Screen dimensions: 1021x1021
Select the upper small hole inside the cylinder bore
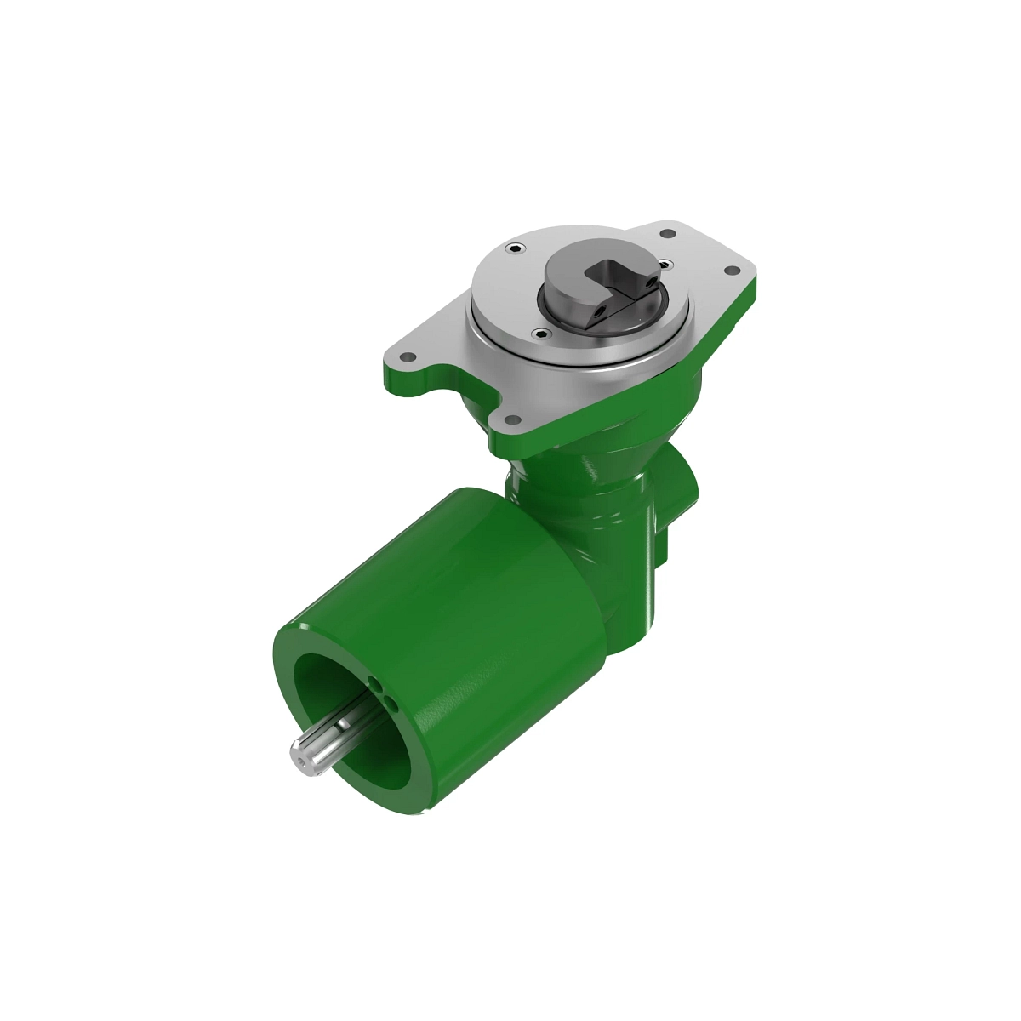[375, 683]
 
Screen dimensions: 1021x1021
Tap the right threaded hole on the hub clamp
[652, 278]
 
